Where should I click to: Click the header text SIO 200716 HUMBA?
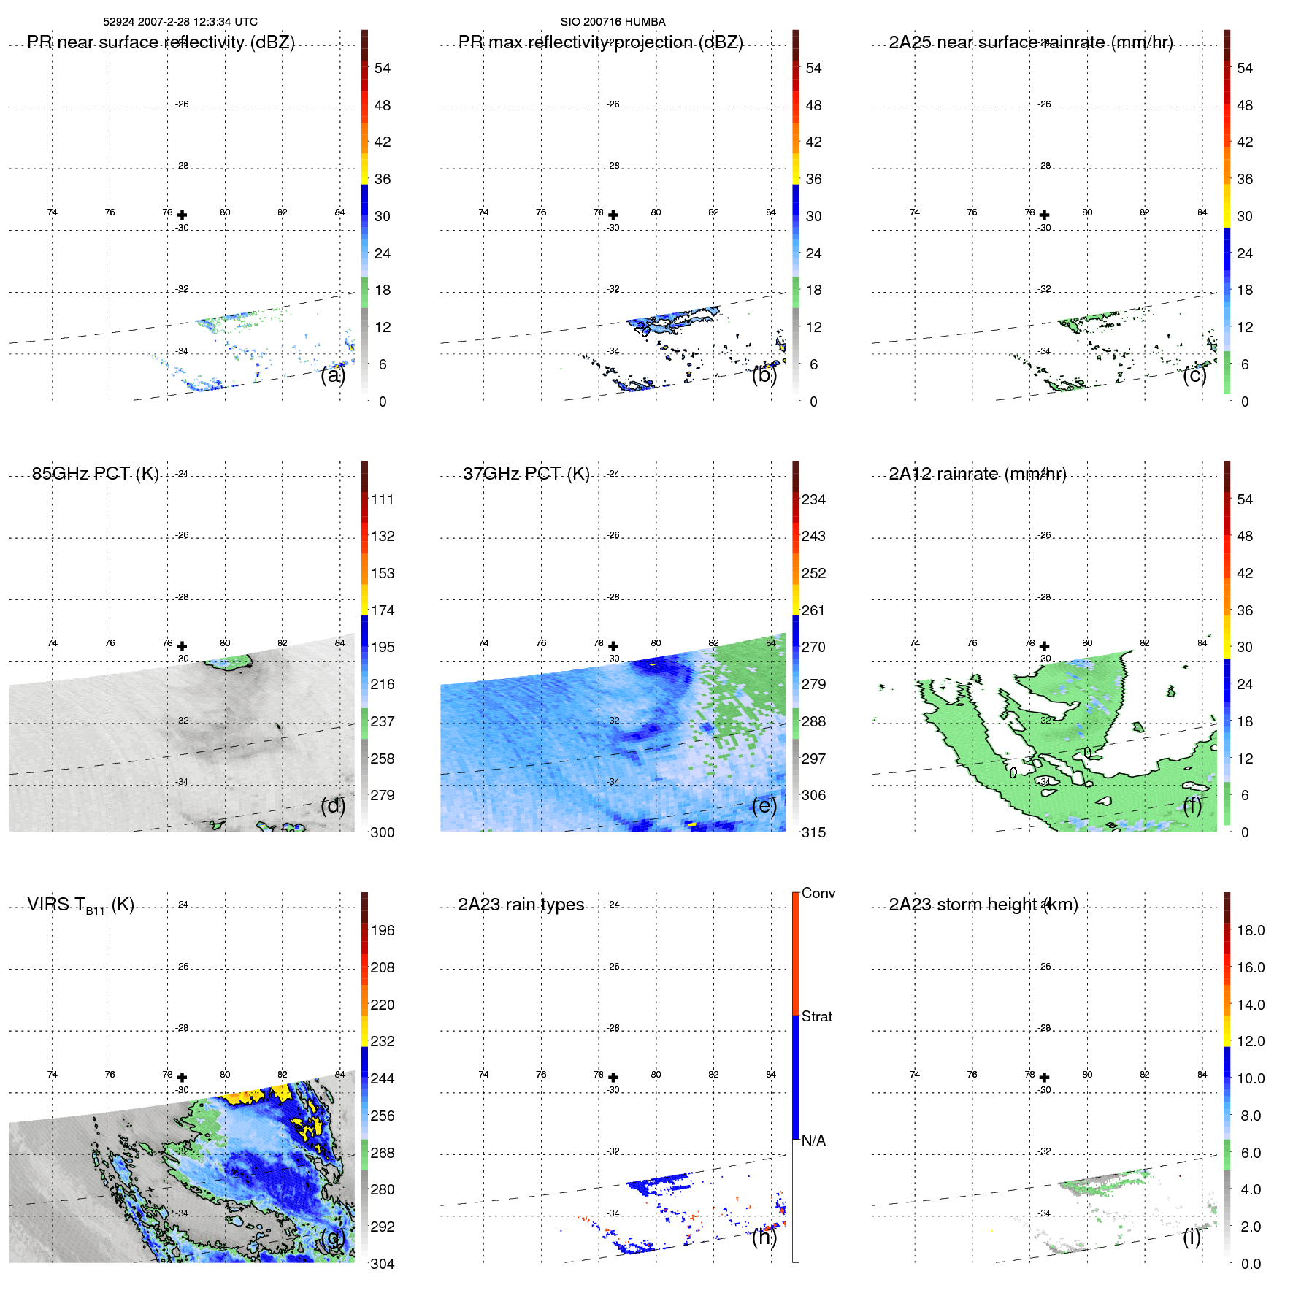[613, 22]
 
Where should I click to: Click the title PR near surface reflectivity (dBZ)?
[161, 42]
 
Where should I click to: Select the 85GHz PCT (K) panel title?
[95, 474]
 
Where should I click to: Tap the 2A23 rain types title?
[521, 905]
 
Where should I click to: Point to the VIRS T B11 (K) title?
[80, 905]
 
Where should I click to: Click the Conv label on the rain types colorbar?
[818, 893]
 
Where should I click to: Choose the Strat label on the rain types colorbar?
[816, 1016]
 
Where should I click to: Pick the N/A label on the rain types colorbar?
[813, 1140]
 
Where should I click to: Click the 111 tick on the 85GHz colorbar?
[382, 499]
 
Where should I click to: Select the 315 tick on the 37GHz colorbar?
[813, 832]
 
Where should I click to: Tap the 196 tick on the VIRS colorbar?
[382, 930]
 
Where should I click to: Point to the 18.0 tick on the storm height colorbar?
[1250, 930]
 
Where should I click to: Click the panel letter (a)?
[332, 375]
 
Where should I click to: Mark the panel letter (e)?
[764, 806]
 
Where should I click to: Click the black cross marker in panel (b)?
[613, 215]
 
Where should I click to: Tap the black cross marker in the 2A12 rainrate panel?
[1045, 646]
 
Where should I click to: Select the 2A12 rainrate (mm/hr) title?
[977, 474]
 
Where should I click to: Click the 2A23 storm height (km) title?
[983, 905]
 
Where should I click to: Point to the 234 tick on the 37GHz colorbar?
[813, 499]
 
